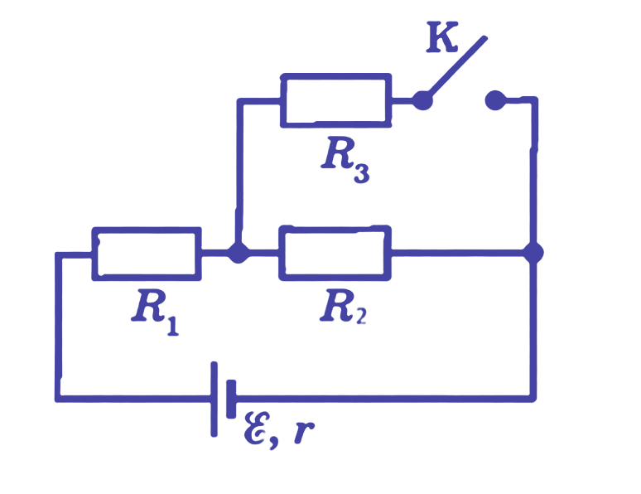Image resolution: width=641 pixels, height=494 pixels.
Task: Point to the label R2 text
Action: coord(344,307)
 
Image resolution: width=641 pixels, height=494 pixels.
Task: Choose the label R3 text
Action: coord(345,160)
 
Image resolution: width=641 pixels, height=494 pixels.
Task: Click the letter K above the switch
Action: coord(441,37)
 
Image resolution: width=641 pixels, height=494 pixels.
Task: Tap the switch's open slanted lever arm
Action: coord(457,66)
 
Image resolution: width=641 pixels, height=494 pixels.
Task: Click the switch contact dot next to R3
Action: coord(422,100)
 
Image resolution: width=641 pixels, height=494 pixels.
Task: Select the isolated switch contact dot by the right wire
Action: coord(495,100)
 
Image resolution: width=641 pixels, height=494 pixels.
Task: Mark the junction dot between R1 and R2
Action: coord(238,253)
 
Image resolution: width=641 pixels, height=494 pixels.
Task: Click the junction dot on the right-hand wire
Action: coord(533,253)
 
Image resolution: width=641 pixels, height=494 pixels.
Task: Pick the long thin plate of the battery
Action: coord(214,399)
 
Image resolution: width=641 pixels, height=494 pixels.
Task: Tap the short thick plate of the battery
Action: coord(231,399)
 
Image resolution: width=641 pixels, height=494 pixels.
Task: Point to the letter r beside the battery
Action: coord(303,431)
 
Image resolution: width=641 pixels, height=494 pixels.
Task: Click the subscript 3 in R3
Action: coord(361,173)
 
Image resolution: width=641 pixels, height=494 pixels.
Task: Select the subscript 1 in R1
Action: coord(173,326)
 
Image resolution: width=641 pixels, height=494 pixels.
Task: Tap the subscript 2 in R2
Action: coord(360,316)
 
